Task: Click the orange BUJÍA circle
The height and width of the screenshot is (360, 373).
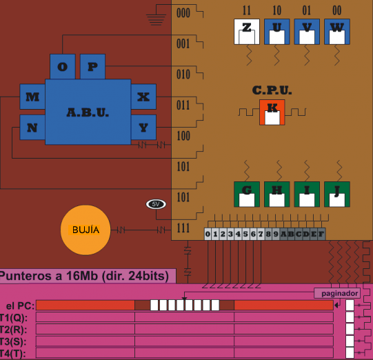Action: tap(85, 230)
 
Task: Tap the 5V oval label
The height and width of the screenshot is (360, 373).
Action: tap(156, 204)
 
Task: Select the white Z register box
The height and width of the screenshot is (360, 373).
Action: tap(247, 32)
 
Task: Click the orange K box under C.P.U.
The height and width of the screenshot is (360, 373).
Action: tap(272, 112)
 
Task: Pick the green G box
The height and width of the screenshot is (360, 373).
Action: tap(247, 194)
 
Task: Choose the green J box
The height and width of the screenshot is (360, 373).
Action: tap(337, 194)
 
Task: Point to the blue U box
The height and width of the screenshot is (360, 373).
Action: tap(277, 32)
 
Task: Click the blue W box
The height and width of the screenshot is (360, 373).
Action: tap(337, 32)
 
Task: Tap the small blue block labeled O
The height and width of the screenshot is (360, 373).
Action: tap(63, 66)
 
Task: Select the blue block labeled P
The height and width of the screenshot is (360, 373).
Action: tap(92, 66)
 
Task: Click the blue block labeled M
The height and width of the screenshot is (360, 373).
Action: tap(32, 97)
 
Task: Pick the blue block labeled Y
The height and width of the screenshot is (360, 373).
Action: tap(143, 128)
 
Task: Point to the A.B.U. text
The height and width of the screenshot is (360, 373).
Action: tap(88, 112)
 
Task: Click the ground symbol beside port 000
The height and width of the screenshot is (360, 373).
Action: tap(156, 20)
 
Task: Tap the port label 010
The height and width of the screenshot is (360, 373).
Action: tap(183, 74)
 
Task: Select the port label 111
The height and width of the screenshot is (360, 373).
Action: tap(183, 228)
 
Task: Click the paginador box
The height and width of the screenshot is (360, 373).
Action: tap(337, 293)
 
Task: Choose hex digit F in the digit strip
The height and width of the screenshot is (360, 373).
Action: tap(321, 234)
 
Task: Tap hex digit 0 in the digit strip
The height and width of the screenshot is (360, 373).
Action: tap(208, 234)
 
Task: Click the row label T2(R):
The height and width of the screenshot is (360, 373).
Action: tap(13, 330)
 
